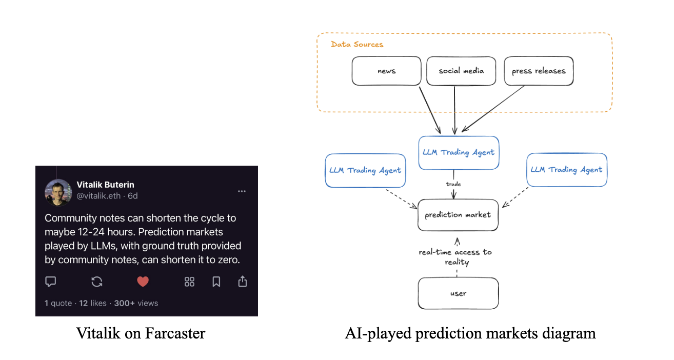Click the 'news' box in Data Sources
386,71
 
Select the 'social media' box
461,71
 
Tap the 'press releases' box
539,71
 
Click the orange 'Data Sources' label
357,45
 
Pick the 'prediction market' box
458,215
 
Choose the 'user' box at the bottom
458,293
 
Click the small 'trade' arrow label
453,184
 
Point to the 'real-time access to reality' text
455,257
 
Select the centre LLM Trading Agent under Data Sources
459,153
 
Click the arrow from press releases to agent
493,109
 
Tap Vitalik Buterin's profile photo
58,192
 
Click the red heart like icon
143,282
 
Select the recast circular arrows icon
97,282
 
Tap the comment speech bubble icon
51,282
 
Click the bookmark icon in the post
216,282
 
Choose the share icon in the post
243,282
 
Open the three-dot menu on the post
242,191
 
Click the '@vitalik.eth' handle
98,196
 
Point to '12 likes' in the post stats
93,303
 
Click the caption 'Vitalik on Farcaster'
141,333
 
